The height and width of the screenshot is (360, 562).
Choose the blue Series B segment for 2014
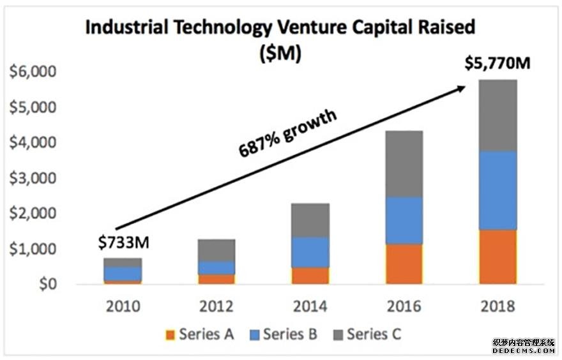311,252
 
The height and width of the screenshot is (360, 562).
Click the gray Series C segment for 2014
311,220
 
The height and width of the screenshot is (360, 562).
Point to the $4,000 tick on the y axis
30,143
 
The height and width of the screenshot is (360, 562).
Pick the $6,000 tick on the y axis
30,72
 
